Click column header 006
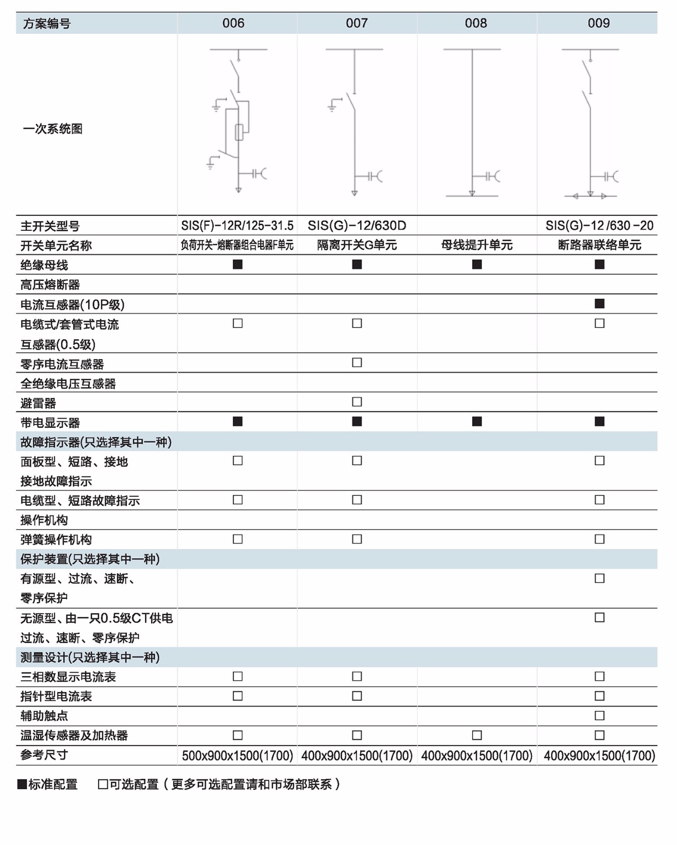click(233, 23)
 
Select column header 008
click(476, 23)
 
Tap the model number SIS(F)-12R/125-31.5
click(237, 226)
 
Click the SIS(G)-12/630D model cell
click(357, 226)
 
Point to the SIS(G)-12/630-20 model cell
click(599, 226)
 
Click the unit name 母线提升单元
click(477, 245)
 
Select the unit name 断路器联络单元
click(599, 245)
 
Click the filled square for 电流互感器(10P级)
click(599, 304)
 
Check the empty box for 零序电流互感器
click(357, 363)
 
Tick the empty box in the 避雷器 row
click(357, 402)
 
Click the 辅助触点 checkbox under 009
click(599, 716)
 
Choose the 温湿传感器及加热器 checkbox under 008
click(477, 735)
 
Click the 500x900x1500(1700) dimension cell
click(237, 756)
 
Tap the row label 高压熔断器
click(50, 285)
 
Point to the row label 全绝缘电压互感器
click(68, 384)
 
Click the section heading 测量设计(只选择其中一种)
click(90, 658)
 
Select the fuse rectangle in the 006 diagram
click(239, 132)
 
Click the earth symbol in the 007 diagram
click(332, 106)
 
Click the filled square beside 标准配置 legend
click(22, 784)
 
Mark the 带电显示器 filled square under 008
click(477, 421)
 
